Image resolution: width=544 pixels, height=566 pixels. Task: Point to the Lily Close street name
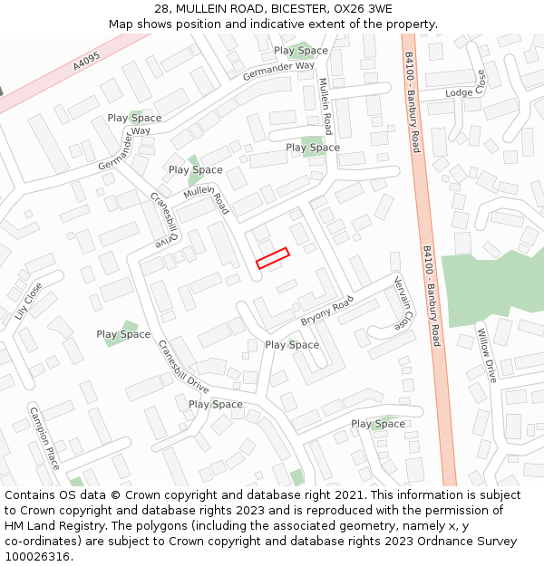pyautogui.click(x=28, y=301)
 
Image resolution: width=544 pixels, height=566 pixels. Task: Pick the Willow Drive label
pyautogui.click(x=487, y=354)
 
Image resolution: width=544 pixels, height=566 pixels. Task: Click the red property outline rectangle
pyautogui.click(x=272, y=258)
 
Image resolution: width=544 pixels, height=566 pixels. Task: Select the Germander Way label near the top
pyautogui.click(x=278, y=71)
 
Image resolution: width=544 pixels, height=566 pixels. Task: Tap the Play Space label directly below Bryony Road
pyautogui.click(x=292, y=345)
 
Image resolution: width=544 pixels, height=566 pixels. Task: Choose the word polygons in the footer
pyautogui.click(x=165, y=526)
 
